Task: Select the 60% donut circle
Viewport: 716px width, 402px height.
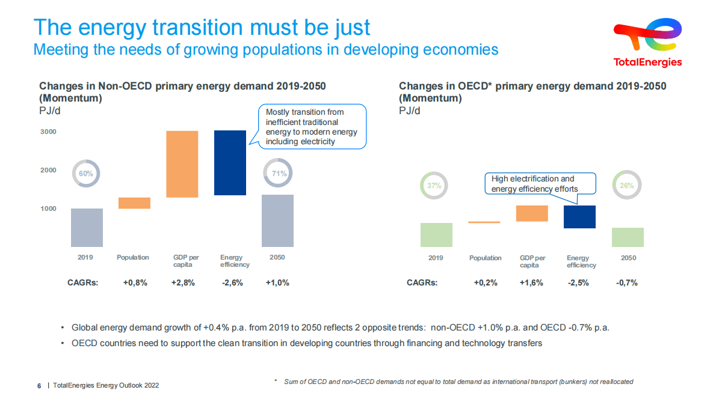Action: click(x=86, y=174)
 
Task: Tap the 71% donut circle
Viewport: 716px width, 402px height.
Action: click(x=277, y=174)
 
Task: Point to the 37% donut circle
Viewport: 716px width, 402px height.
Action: click(x=434, y=186)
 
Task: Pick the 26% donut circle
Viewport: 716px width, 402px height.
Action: click(x=627, y=186)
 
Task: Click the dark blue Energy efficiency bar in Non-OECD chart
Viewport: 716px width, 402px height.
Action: click(x=230, y=163)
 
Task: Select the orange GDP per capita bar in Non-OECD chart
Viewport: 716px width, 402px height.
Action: click(x=182, y=164)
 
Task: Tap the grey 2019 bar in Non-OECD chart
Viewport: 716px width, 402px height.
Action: click(x=87, y=228)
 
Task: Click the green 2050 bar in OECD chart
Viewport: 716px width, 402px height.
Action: click(x=628, y=237)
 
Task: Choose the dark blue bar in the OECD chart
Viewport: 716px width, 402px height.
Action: click(x=579, y=217)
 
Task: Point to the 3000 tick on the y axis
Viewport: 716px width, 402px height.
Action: click(x=48, y=132)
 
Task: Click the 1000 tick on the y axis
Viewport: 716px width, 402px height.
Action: click(x=48, y=209)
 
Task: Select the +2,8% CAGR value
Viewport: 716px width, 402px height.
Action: click(x=183, y=282)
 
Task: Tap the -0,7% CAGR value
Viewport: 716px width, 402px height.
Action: click(x=627, y=282)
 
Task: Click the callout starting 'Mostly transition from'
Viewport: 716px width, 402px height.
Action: click(x=311, y=127)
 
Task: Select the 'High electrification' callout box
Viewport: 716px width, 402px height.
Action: click(x=540, y=184)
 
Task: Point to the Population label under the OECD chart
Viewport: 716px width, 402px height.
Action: click(x=485, y=258)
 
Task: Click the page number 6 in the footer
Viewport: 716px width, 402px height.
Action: click(x=39, y=385)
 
